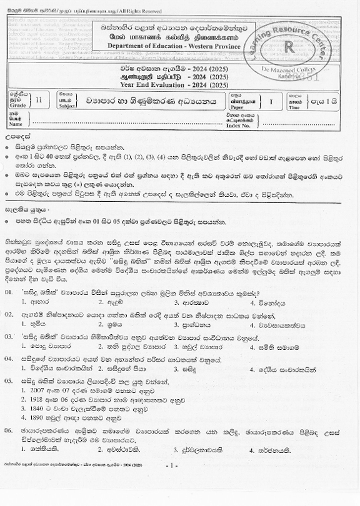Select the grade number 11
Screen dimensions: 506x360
click(x=40, y=99)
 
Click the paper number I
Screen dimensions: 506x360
click(x=271, y=100)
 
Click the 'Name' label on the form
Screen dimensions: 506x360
click(x=17, y=124)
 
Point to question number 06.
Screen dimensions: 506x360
click(x=9, y=449)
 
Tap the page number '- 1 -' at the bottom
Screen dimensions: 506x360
click(x=174, y=484)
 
